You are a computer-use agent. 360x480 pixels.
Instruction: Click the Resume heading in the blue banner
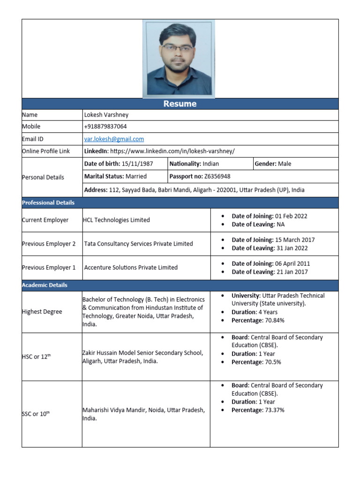tap(180, 104)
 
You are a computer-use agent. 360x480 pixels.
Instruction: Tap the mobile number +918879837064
tap(105, 127)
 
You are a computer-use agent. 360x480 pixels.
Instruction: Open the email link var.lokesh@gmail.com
tap(114, 139)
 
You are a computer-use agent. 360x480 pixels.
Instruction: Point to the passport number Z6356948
tap(217, 176)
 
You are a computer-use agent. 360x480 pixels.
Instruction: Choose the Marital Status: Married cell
tap(115, 176)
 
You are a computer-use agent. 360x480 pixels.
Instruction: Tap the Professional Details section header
tap(48, 202)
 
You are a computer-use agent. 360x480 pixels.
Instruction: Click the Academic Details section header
tap(45, 285)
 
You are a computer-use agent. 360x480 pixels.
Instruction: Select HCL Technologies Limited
tap(116, 220)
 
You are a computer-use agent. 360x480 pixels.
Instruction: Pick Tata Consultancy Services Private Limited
tap(138, 244)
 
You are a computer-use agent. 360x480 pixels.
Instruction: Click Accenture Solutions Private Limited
tap(131, 268)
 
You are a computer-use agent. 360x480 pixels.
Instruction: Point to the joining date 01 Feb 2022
tap(291, 216)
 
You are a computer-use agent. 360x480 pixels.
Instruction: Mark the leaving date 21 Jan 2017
tap(292, 272)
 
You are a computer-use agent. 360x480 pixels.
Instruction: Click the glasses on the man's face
tap(177, 48)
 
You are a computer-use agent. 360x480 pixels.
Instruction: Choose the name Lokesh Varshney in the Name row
tap(106, 115)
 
